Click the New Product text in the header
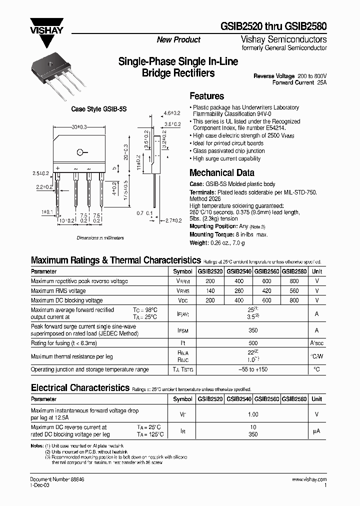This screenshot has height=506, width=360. coord(178,40)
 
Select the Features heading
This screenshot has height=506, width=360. coord(207,96)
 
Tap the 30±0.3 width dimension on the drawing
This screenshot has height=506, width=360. coord(79,128)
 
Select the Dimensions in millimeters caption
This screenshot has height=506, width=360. coord(100,238)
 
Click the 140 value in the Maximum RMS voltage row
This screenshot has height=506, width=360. coord(210,291)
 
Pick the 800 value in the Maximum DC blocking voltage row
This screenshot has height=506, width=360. coord(294,300)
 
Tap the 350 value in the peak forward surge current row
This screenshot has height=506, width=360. coord(253,330)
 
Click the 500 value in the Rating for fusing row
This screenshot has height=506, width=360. coord(253,343)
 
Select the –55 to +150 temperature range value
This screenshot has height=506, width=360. coord(253,369)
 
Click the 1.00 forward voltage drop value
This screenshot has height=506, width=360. coord(253,414)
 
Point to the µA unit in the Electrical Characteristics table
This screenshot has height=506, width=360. coord(316,431)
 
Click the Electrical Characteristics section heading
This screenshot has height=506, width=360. coord(80,388)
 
